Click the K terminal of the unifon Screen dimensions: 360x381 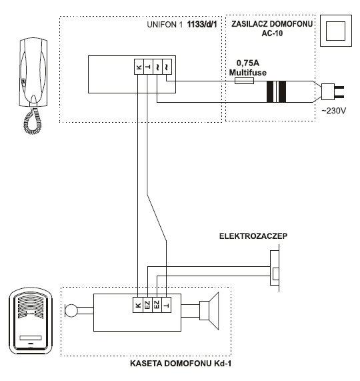[x=139, y=67]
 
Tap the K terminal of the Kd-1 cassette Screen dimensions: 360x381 [x=138, y=305]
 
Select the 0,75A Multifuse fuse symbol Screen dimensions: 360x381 [x=245, y=81]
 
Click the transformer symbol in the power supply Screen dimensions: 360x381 [x=276, y=91]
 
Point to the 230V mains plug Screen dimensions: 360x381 [x=332, y=91]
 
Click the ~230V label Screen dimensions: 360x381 [x=334, y=111]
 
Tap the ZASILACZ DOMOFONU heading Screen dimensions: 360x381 [x=272, y=24]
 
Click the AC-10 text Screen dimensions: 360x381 [x=272, y=33]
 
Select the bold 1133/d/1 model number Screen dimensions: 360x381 [x=202, y=24]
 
